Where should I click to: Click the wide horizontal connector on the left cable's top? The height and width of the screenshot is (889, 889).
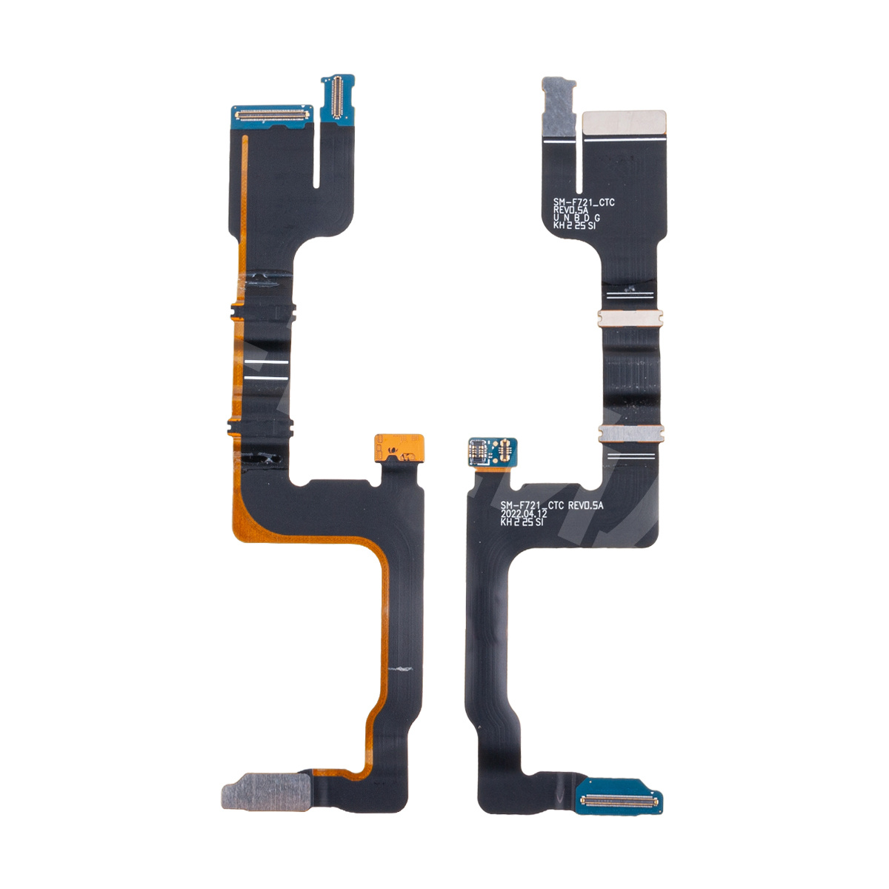point(272,113)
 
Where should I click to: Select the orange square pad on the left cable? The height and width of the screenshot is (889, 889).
point(399,448)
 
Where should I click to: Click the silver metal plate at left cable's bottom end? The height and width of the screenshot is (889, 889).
point(266,791)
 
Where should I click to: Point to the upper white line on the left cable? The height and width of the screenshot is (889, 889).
point(266,362)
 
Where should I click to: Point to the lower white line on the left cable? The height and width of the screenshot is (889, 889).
point(266,378)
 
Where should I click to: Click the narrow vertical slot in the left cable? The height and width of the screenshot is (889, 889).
point(316,153)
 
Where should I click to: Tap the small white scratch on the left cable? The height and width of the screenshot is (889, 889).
point(400,668)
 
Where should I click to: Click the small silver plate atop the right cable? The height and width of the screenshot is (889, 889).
point(559,107)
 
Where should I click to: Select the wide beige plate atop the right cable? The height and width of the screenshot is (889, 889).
point(624,123)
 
